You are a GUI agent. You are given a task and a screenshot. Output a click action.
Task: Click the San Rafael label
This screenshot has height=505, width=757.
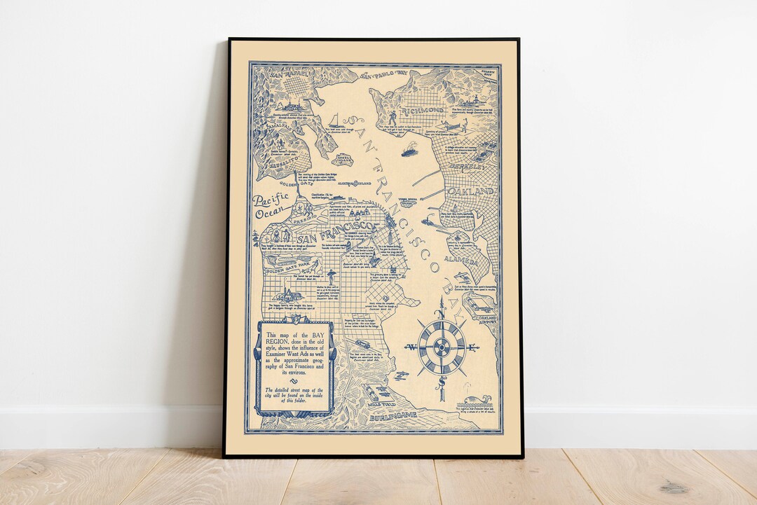tap(269, 72)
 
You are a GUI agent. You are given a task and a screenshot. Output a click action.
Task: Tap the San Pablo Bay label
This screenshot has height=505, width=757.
tap(383, 74)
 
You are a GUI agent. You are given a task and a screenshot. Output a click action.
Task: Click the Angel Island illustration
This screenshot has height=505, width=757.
tap(344, 159)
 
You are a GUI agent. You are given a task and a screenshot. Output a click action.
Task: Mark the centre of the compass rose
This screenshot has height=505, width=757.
tap(442, 347)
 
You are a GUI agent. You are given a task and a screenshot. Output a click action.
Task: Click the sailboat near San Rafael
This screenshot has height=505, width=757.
tap(335, 120)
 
